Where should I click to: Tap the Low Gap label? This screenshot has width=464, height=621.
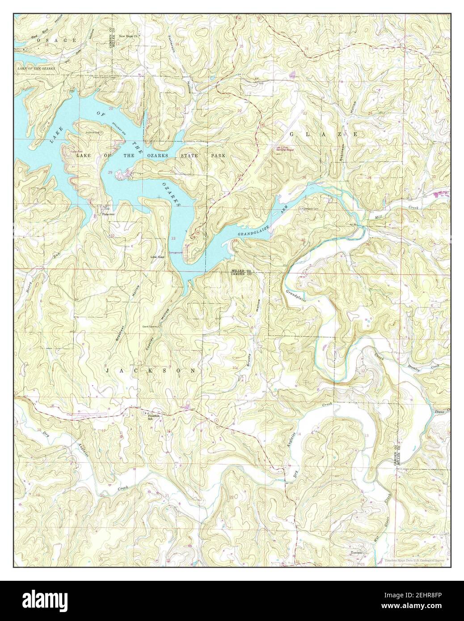157,257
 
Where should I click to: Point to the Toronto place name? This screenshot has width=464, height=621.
358,553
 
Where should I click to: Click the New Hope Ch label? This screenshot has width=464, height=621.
130,36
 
